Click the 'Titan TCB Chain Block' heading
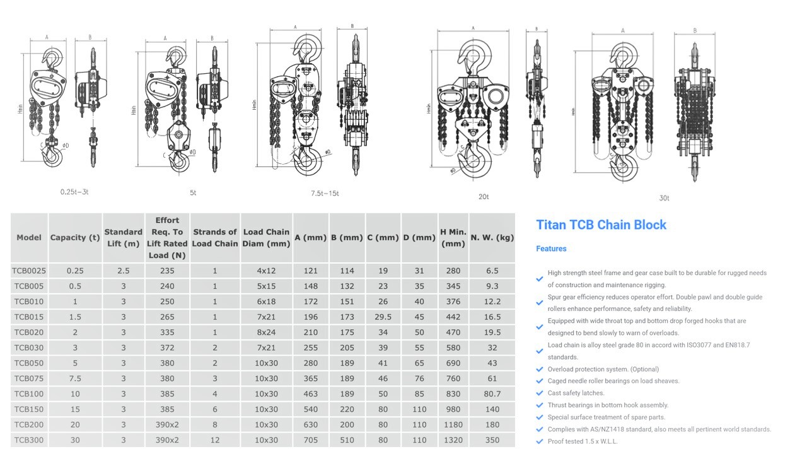[x=601, y=225]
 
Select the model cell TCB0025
[x=29, y=271]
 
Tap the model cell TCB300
[x=29, y=440]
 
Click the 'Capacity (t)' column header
[x=75, y=238]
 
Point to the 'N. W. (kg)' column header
[x=492, y=238]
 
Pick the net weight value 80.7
[x=492, y=394]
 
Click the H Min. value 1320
[x=453, y=440]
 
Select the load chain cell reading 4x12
[x=266, y=271]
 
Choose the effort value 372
[x=167, y=348]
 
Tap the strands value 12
[x=215, y=440]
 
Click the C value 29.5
[x=383, y=317]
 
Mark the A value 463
[x=310, y=394]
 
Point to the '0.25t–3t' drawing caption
[x=74, y=191]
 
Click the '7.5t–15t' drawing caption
[x=325, y=193]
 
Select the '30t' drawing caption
[x=664, y=198]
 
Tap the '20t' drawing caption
[x=484, y=197]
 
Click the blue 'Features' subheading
[x=551, y=249]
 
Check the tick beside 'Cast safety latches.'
[x=539, y=393]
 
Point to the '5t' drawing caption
[x=193, y=193]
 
